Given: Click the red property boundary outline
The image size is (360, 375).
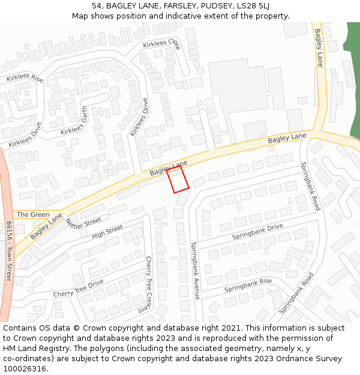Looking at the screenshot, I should coord(178,179).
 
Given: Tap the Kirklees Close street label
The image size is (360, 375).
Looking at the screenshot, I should coord(161,44).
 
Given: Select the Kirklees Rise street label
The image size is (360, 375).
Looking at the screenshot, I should coord(25,79).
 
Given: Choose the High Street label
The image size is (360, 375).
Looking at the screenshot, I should coord(107,232).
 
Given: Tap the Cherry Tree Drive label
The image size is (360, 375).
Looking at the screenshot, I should coord(78,289).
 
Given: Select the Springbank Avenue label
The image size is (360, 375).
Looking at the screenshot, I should coord(194,271).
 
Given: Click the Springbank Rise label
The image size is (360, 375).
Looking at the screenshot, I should coord(248,286).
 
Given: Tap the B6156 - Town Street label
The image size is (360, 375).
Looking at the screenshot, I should coord(9,251).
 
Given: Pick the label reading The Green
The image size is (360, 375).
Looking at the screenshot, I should coord(33,214).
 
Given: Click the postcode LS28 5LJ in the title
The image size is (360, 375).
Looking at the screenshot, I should coord(252,6).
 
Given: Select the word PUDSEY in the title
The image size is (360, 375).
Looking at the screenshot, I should coord(213,6).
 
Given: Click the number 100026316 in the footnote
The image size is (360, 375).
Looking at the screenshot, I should coord(25,369).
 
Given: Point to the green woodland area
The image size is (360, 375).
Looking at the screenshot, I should coord(353,90).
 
